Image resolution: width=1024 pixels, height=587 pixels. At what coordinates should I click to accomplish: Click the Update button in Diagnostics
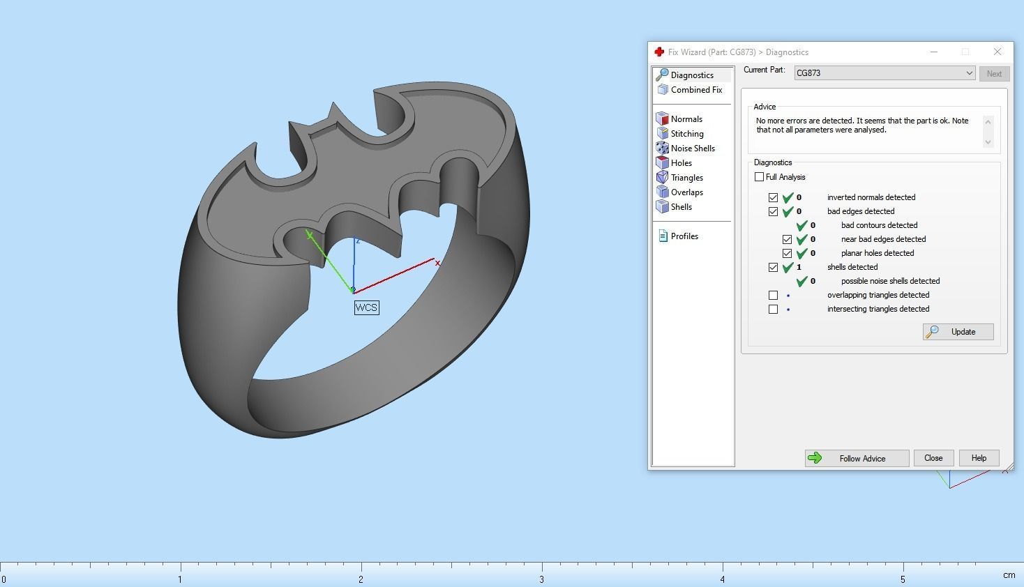(x=958, y=332)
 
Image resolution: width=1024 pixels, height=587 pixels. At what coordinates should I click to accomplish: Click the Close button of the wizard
(x=933, y=458)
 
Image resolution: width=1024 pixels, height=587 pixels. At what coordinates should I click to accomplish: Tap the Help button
(x=979, y=458)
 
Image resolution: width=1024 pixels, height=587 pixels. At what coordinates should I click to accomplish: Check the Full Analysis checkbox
(x=760, y=177)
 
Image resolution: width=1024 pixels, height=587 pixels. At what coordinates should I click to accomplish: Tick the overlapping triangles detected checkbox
(x=774, y=295)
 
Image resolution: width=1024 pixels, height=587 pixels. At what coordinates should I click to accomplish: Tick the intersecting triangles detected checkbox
(x=774, y=309)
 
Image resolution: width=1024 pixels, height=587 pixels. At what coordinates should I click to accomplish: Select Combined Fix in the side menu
(x=695, y=90)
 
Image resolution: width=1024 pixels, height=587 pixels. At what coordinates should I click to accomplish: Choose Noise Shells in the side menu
(x=692, y=148)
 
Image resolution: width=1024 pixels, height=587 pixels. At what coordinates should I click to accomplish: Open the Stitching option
(x=686, y=134)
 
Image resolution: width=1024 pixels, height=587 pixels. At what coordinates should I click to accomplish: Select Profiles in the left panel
(x=684, y=236)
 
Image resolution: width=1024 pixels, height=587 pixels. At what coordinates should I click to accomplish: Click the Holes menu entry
(x=681, y=163)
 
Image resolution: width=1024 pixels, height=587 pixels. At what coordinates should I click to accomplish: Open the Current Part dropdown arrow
(x=969, y=73)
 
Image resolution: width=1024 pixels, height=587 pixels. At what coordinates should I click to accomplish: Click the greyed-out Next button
(x=994, y=74)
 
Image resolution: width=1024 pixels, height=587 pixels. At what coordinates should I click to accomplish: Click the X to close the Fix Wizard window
(x=997, y=52)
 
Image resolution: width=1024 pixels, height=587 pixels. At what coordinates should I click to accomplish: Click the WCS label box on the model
(x=366, y=307)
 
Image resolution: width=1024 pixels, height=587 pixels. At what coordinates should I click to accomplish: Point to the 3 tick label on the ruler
(x=542, y=579)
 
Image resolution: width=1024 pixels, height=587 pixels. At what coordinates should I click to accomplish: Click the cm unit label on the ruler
(x=1009, y=575)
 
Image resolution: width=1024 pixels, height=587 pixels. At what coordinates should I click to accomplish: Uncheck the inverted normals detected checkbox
(x=774, y=197)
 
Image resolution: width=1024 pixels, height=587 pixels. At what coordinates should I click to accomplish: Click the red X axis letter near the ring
(x=437, y=263)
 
